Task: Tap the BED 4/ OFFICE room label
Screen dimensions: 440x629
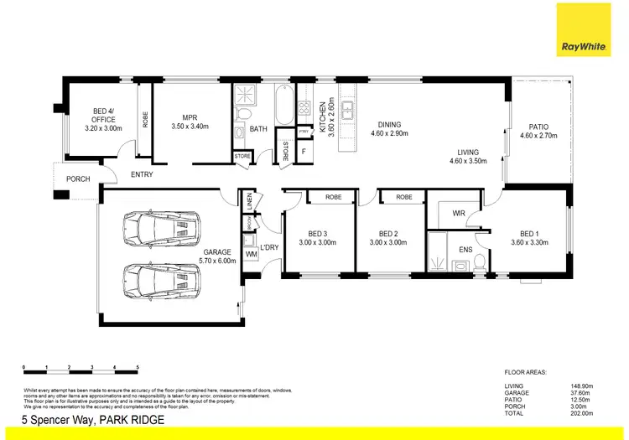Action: click(103, 123)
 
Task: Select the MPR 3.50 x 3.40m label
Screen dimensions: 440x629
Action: click(190, 122)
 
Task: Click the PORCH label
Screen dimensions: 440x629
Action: click(78, 179)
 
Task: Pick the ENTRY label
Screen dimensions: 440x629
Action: click(141, 174)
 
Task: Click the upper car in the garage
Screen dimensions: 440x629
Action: click(162, 226)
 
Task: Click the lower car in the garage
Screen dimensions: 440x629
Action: click(162, 277)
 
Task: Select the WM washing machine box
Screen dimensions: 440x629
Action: click(250, 254)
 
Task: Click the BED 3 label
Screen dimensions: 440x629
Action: click(317, 238)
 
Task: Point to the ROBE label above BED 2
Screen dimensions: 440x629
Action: click(403, 197)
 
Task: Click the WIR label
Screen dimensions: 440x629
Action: click(458, 214)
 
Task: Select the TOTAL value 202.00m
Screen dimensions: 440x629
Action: click(582, 413)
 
